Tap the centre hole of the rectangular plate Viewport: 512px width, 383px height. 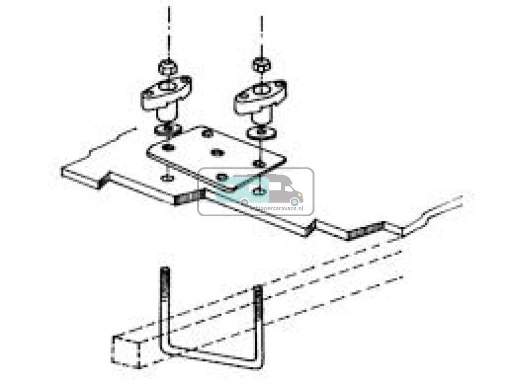(x=216, y=152)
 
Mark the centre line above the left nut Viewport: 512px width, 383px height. (x=168, y=30)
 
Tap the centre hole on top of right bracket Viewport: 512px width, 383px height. (x=258, y=91)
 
